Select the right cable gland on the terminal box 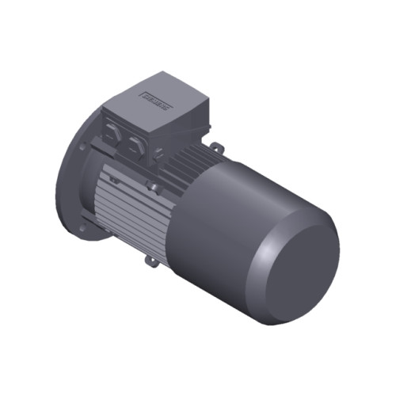tap(138, 143)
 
